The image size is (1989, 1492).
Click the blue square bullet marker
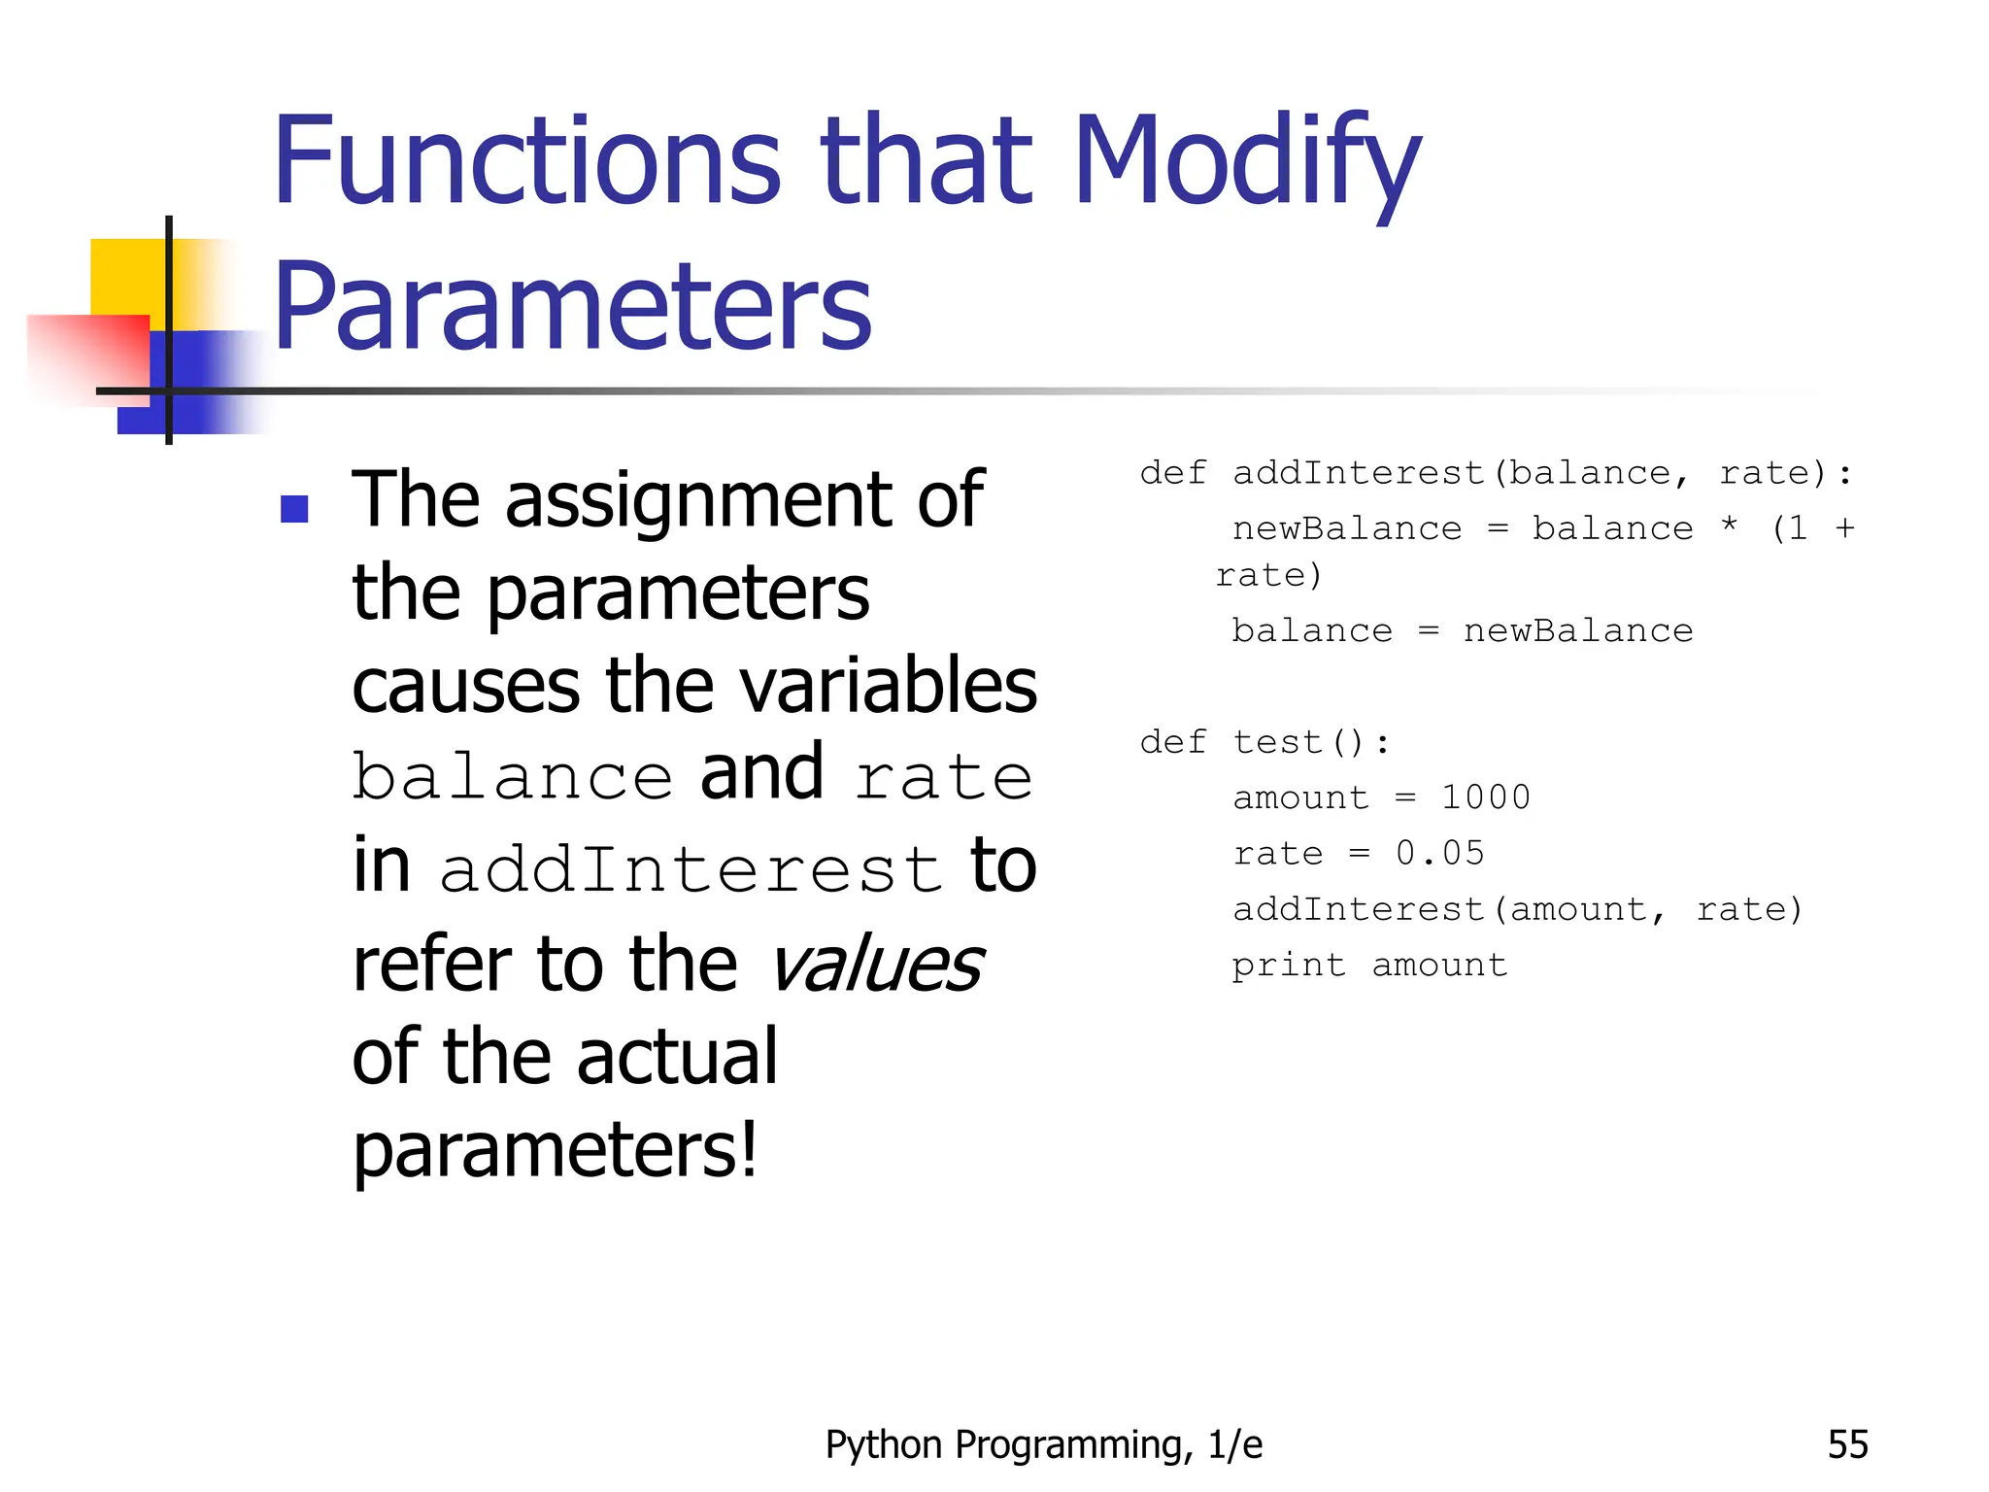[294, 508]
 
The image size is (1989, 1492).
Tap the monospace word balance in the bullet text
[513, 777]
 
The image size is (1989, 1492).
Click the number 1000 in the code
[1485, 797]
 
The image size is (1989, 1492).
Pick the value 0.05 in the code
[1440, 853]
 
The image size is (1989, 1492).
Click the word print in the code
[1289, 965]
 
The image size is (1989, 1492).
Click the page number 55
[1847, 1444]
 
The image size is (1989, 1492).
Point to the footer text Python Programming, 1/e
[1043, 1444]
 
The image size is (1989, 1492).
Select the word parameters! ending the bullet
[555, 1150]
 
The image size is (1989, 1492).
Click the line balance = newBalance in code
[1462, 631]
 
